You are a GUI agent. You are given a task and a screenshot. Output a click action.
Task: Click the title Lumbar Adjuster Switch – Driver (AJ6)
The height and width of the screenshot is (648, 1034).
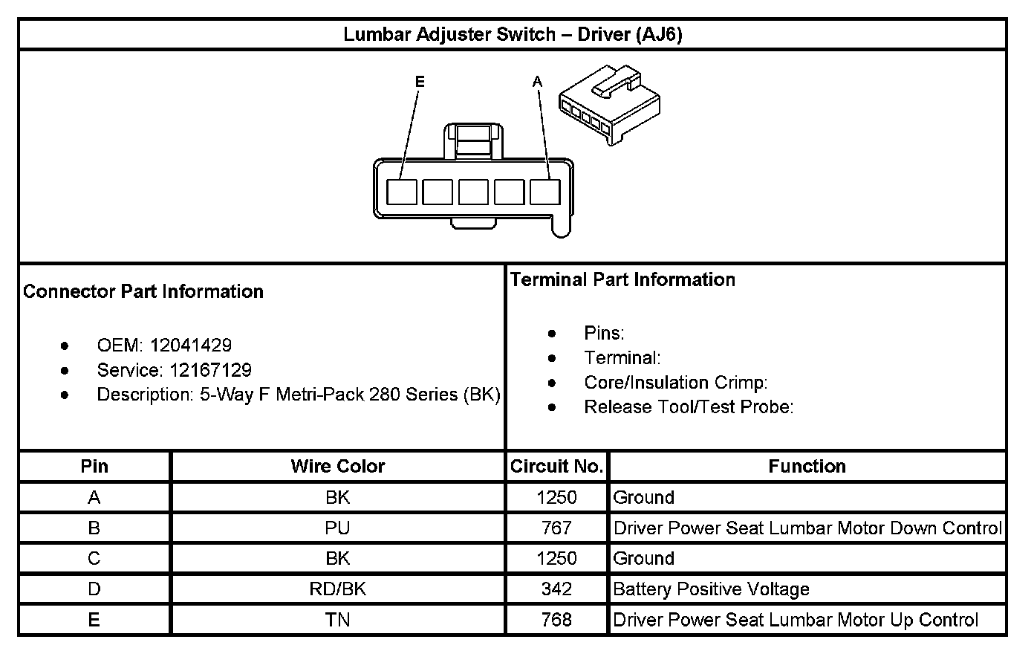click(x=513, y=35)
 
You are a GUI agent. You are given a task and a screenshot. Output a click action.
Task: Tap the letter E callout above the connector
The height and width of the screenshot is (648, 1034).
click(x=420, y=82)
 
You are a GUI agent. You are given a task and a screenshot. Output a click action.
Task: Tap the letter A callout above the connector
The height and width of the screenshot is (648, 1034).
click(x=538, y=82)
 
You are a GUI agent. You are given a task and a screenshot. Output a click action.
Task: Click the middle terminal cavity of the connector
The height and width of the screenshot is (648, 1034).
click(x=473, y=192)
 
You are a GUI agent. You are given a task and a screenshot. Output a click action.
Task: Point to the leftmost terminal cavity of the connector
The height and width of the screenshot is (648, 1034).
click(x=402, y=192)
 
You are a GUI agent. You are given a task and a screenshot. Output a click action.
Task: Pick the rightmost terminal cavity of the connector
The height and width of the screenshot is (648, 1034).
click(x=544, y=192)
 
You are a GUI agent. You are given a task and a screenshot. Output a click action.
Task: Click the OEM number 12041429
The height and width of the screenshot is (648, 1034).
click(x=191, y=345)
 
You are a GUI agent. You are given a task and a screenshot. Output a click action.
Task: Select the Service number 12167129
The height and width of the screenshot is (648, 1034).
click(x=210, y=370)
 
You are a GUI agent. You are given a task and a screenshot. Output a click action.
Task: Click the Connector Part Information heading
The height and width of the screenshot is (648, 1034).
click(x=143, y=291)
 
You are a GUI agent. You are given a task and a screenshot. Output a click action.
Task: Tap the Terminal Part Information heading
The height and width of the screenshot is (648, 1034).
click(x=622, y=279)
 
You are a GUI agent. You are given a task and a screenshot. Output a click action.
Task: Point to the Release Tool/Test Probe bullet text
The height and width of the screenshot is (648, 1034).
click(x=689, y=406)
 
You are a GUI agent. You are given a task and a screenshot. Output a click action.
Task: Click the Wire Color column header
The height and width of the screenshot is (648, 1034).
click(x=337, y=466)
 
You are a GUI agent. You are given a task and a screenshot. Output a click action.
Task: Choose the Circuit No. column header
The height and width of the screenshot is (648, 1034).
click(x=556, y=466)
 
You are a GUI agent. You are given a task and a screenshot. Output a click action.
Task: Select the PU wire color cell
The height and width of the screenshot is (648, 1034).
click(x=337, y=528)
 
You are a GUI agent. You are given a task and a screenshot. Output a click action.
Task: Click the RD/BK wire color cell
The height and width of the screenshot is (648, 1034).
click(x=337, y=589)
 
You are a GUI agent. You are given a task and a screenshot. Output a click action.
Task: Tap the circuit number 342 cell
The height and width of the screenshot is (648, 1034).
click(x=556, y=589)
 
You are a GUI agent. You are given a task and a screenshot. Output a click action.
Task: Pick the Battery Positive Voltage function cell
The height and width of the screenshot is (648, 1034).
click(x=711, y=589)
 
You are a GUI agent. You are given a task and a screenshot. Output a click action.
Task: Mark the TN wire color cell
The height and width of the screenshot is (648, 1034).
click(x=337, y=620)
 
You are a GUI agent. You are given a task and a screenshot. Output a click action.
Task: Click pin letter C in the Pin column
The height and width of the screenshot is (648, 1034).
click(x=94, y=559)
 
